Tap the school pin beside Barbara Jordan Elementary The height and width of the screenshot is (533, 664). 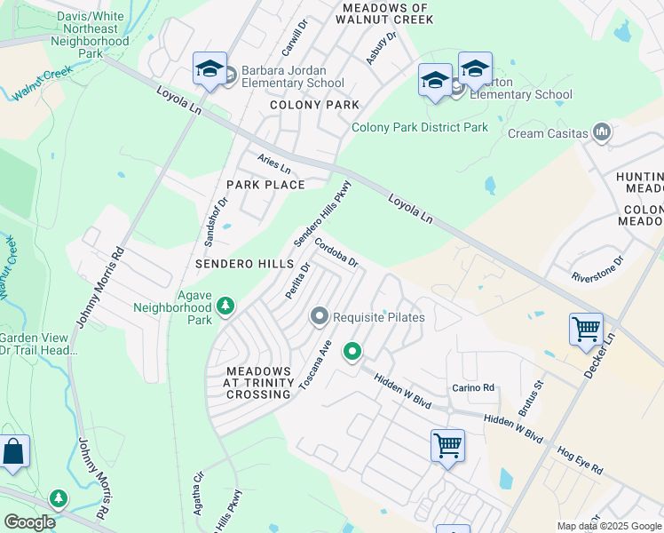(x=210, y=69)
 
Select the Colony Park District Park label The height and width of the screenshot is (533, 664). (x=420, y=127)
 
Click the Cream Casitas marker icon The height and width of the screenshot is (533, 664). (x=603, y=133)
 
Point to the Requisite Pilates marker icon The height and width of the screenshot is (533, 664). (x=320, y=316)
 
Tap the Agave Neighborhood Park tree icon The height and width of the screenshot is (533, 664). (x=226, y=306)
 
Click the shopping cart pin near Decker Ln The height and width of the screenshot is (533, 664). (x=587, y=330)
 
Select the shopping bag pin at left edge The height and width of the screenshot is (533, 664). (x=13, y=452)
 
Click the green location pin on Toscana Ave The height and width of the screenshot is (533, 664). (x=352, y=352)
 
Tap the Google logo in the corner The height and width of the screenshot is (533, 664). (x=29, y=522)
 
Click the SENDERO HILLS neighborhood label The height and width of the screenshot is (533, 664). (x=244, y=265)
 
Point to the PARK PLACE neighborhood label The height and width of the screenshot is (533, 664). (x=265, y=185)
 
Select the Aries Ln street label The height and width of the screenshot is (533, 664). (x=274, y=163)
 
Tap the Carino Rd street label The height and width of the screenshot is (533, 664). (x=472, y=387)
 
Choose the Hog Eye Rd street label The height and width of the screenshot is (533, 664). (x=580, y=460)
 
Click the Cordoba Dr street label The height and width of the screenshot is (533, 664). (x=336, y=255)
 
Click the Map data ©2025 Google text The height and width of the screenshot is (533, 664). (x=609, y=526)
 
